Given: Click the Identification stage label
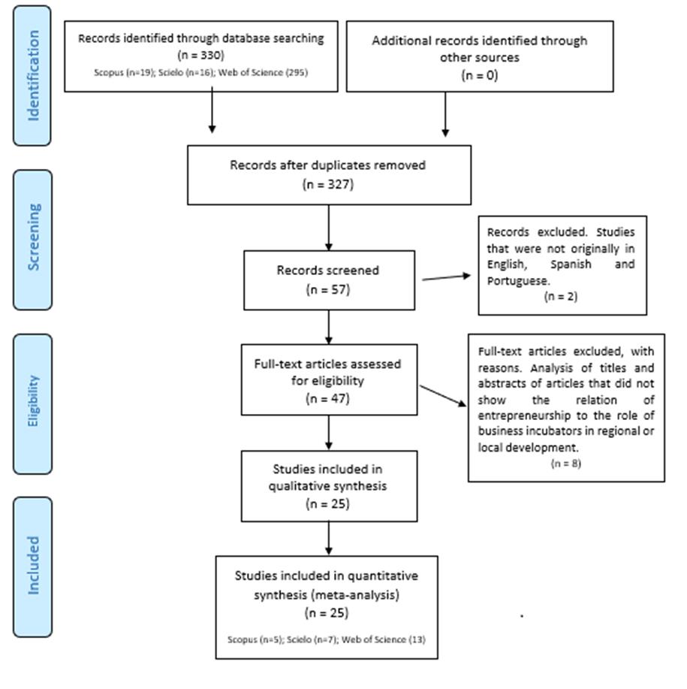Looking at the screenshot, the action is point(33,76).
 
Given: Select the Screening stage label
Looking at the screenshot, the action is point(33,237).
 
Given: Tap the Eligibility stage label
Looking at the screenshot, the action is point(33,400).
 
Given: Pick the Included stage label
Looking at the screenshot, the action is point(33,565).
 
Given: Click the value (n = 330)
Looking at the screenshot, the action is point(201,56).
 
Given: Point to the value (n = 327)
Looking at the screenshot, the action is point(328,184).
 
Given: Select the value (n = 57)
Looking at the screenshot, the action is point(328,289).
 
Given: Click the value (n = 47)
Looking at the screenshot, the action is point(328,398).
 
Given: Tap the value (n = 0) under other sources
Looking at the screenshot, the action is point(479,75).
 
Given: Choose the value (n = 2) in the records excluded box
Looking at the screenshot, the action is point(561,297).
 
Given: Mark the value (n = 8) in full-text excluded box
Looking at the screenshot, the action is point(566,464).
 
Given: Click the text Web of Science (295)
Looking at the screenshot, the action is point(263,72).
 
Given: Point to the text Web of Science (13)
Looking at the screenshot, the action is point(384,639).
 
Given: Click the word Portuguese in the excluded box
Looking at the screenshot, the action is point(518,281).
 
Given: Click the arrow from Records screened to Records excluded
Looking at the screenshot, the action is point(446,277).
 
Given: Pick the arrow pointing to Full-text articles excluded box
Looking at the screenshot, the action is point(443,395).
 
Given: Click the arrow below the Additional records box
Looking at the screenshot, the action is point(445,114).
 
